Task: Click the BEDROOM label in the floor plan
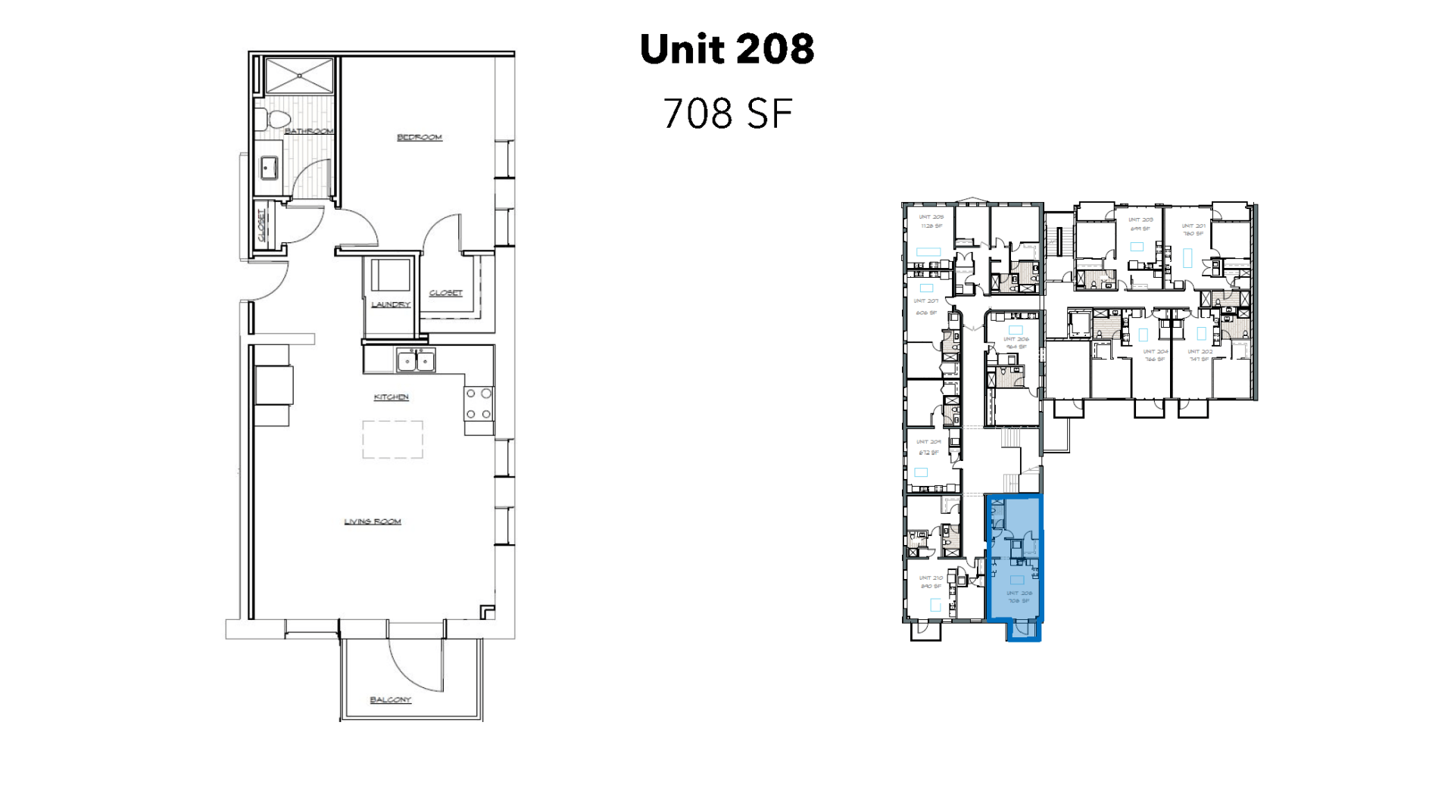coord(419,137)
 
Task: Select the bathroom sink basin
coord(269,167)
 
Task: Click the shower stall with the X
coord(299,76)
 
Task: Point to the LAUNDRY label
coord(391,304)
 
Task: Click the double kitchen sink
coord(416,361)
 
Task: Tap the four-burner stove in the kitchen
coord(479,404)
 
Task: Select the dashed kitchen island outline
coord(392,440)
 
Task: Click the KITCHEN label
coord(391,397)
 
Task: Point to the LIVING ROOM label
coord(373,521)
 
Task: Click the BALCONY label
coord(390,699)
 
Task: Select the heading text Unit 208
coord(727,49)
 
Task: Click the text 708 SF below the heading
coord(727,114)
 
